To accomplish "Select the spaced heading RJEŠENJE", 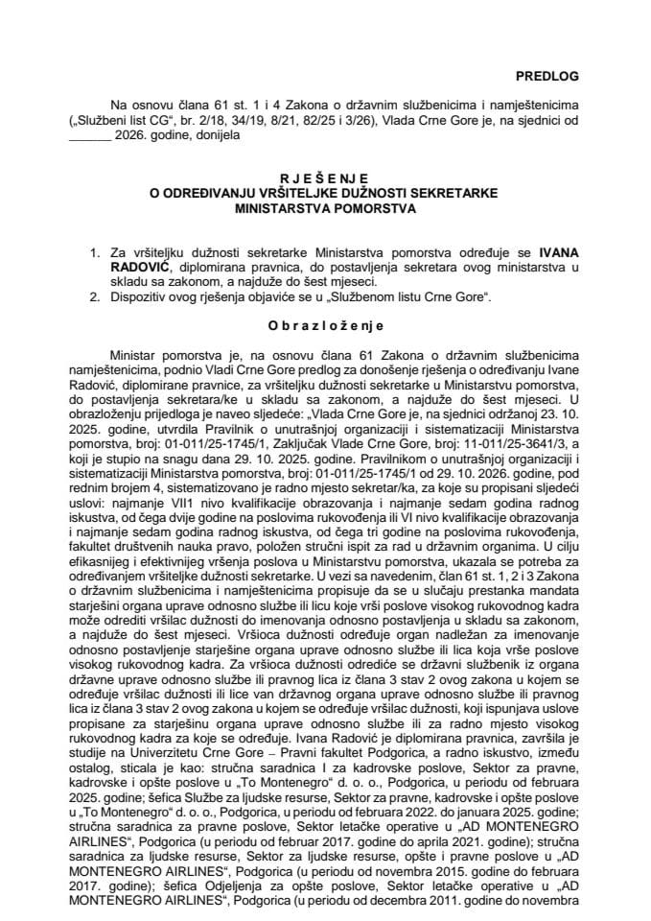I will (x=325, y=178).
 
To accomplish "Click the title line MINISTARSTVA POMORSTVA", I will (x=325, y=205).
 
